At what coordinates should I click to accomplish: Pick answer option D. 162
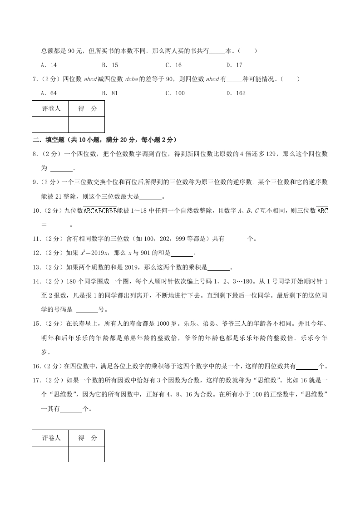[236, 93]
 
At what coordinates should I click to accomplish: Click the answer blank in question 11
[236, 239]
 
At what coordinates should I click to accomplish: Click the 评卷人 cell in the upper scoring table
[50, 109]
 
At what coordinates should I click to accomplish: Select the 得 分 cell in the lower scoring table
[87, 438]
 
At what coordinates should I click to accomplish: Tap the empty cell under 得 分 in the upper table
[87, 124]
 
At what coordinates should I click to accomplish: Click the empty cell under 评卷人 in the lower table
[50, 454]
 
